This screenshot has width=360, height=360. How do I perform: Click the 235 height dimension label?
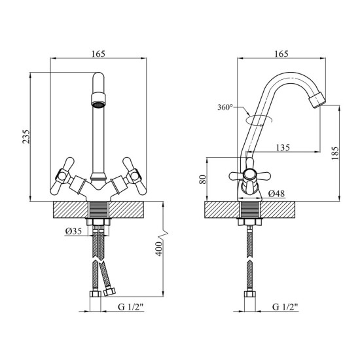pos(26,137)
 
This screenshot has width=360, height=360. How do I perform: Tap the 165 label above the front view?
pos(98,54)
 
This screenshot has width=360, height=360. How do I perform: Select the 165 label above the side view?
pos(281,54)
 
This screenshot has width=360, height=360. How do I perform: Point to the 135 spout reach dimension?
pos(283,147)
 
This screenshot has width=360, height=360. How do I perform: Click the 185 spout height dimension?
pos(335,153)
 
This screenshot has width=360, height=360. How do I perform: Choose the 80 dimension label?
pos(203,179)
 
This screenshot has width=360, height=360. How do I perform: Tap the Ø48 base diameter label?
pos(277,194)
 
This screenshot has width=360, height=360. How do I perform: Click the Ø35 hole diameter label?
pos(73,231)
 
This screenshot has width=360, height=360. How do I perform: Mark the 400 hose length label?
pos(158,249)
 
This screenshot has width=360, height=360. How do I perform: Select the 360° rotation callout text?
pos(225,107)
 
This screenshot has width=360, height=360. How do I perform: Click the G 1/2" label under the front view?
pos(131,307)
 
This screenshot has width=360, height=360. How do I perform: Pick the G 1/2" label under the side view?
pos(285,307)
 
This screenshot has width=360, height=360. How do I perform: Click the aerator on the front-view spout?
pos(98,99)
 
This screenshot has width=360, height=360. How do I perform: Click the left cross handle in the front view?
pos(62,176)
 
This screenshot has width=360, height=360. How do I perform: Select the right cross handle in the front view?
pos(135,176)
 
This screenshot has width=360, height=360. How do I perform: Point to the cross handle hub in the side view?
pos(249,175)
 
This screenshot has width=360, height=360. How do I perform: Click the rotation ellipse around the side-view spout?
pos(259,120)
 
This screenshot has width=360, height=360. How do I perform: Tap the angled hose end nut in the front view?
pos(109,292)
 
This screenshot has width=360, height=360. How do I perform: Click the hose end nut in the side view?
pos(250,294)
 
